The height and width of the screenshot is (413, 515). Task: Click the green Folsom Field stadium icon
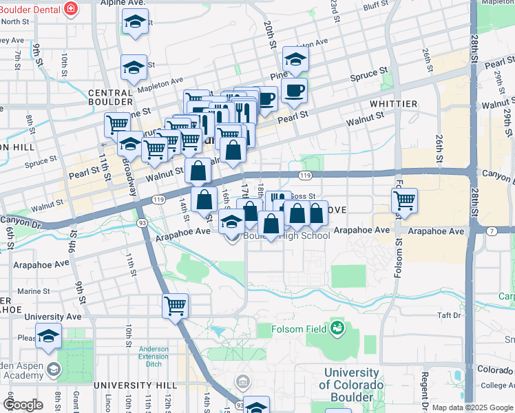[337, 326]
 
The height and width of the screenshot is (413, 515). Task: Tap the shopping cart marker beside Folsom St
[404, 201]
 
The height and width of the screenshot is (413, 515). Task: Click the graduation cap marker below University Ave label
[48, 336]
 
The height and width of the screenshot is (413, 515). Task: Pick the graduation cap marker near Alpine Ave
[135, 22]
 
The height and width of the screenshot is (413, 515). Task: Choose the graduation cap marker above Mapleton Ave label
[134, 67]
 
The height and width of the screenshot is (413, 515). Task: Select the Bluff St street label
[375, 6]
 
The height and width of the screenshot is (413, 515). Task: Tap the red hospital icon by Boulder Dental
[70, 9]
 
